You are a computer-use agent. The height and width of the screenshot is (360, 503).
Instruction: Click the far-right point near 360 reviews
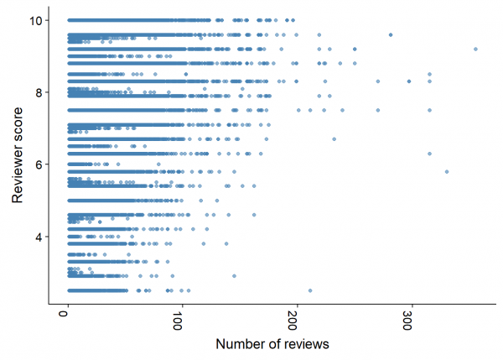click(475, 49)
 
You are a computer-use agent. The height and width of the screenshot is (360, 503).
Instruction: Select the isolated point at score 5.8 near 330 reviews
click(447, 171)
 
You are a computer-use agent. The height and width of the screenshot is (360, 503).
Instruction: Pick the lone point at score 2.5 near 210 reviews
click(310, 290)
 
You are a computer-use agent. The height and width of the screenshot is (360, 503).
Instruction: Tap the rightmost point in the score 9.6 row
click(391, 34)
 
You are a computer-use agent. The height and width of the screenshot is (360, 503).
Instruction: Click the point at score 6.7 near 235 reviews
click(334, 139)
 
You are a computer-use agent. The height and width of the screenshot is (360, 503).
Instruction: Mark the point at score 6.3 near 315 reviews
click(429, 154)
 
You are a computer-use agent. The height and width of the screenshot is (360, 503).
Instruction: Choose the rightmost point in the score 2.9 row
click(234, 275)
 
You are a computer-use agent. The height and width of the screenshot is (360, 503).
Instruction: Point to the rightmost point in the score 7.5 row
click(429, 110)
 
